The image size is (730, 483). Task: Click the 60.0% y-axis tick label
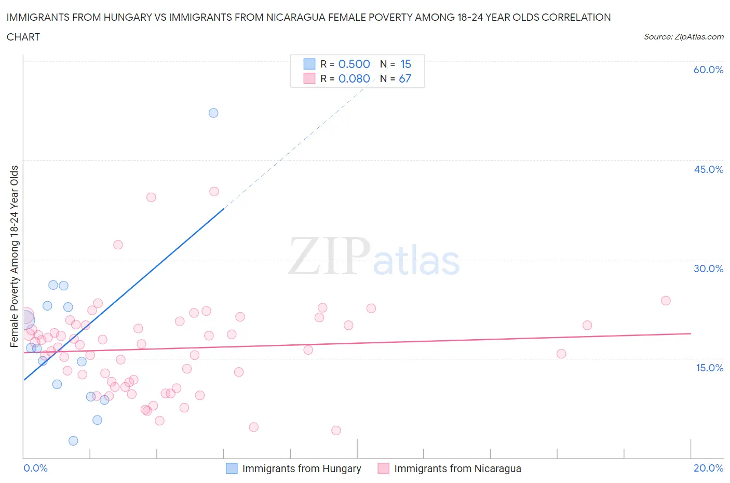pos(708,70)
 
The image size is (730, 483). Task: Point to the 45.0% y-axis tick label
pos(708,169)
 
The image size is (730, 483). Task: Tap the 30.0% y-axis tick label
pos(708,269)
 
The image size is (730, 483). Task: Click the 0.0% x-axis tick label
pos(35,468)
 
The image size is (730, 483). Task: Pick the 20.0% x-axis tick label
pos(708,468)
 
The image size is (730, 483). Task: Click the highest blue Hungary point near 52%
pos(213,113)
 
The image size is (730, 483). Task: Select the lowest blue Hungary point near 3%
pos(73,441)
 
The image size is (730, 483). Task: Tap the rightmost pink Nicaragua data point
pos(666,301)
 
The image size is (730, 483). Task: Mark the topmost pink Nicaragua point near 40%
pos(214,192)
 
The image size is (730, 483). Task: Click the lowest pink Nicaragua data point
pos(336,431)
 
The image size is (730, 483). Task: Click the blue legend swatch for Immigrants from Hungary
pos(232,468)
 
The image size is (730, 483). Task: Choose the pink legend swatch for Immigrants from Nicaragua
pos(383,468)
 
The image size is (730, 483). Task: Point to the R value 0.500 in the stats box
pos(354,64)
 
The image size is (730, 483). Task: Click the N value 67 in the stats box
pos(405,78)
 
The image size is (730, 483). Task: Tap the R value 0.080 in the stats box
pos(354,78)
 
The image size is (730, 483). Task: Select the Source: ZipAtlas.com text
pos(683,37)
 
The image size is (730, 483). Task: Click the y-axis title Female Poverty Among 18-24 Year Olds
pos(14,256)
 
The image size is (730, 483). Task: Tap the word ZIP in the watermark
pos(329,256)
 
